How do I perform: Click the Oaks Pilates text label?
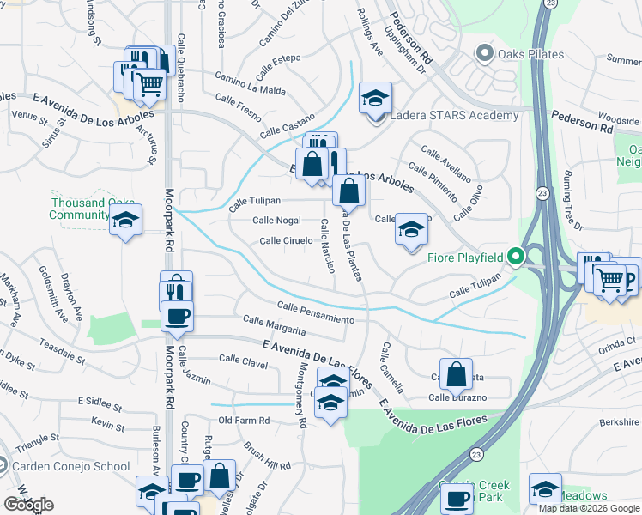coord(529,55)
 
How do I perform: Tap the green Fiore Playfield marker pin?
coord(515,257)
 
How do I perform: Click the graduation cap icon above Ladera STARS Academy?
coord(375,99)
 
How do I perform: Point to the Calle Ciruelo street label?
coord(286,241)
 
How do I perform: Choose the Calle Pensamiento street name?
coord(315,313)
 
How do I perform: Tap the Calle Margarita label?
coord(275,325)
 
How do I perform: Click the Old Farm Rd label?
coord(244,421)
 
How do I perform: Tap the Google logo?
coord(27,505)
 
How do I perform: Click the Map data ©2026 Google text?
coord(589,508)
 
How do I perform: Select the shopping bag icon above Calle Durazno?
coord(457,374)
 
